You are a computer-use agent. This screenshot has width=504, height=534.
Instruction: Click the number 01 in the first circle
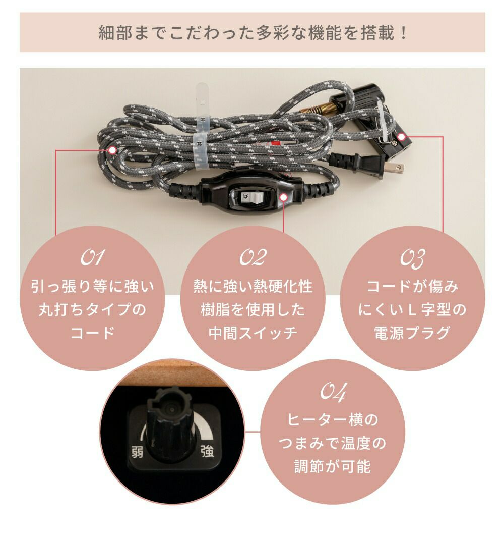92,257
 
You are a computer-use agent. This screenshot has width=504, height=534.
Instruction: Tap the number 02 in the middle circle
253,257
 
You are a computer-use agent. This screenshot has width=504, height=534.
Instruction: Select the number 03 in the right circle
412,258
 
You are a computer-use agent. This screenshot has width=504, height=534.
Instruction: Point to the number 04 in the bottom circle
334,392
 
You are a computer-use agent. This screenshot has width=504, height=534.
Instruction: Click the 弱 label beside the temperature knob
138,453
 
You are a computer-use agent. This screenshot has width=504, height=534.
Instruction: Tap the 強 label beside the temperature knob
207,452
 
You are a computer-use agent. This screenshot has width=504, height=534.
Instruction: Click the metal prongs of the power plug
395,167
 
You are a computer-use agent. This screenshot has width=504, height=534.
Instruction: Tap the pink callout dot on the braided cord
112,150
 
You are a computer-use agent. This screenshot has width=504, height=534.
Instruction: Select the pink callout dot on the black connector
401,137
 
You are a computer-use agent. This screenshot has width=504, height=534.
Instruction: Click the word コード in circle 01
92,333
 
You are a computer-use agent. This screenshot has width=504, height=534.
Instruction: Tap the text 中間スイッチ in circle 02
253,333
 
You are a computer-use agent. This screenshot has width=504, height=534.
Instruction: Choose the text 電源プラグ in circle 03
412,333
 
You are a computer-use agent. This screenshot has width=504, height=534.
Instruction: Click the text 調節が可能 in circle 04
333,466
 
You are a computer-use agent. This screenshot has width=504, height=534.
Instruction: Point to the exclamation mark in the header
404,33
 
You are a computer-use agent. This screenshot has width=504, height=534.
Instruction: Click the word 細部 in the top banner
110,33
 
